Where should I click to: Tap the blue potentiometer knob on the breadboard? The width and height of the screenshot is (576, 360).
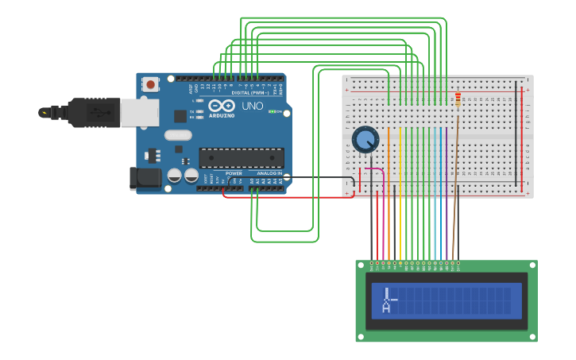click(x=365, y=140)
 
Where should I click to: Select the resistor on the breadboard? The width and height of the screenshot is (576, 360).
click(x=458, y=100)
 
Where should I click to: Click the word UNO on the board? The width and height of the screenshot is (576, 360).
click(x=252, y=106)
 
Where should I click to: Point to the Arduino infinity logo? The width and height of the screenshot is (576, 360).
click(x=222, y=106)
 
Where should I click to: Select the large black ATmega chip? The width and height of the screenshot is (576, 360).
click(x=241, y=158)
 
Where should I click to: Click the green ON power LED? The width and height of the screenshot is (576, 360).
click(x=273, y=112)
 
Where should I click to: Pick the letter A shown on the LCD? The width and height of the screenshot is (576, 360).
click(x=387, y=306)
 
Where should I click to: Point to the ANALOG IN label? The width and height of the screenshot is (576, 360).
click(x=269, y=172)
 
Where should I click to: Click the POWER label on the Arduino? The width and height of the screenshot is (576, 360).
click(x=234, y=172)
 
